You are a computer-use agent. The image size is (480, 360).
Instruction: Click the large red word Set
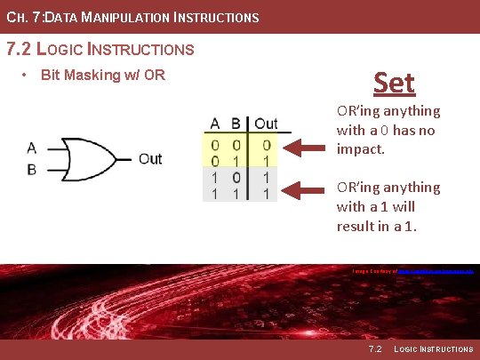coord(394,83)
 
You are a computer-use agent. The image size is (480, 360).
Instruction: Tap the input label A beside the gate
coord(32,148)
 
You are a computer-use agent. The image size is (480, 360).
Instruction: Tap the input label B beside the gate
coord(32,169)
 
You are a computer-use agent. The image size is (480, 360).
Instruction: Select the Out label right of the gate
coord(150,159)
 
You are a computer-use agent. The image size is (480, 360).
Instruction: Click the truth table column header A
coord(215,124)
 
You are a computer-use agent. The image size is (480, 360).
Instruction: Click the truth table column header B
coord(236,124)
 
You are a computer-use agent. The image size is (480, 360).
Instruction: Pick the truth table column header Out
coord(266,124)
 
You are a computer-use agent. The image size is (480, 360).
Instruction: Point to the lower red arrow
coord(308,188)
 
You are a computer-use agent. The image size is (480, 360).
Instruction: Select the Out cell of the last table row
coord(266,192)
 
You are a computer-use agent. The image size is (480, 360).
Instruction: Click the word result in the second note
coord(356,226)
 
